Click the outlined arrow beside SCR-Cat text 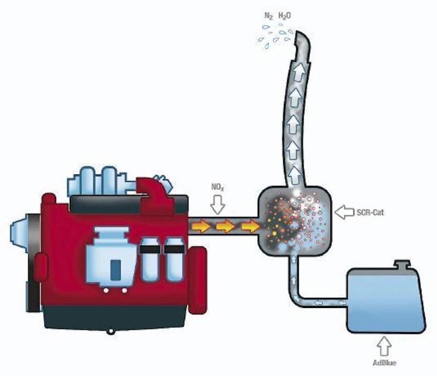343,213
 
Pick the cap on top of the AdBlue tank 401,265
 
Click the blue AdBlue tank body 385,300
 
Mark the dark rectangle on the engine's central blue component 115,267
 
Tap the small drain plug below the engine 110,332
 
